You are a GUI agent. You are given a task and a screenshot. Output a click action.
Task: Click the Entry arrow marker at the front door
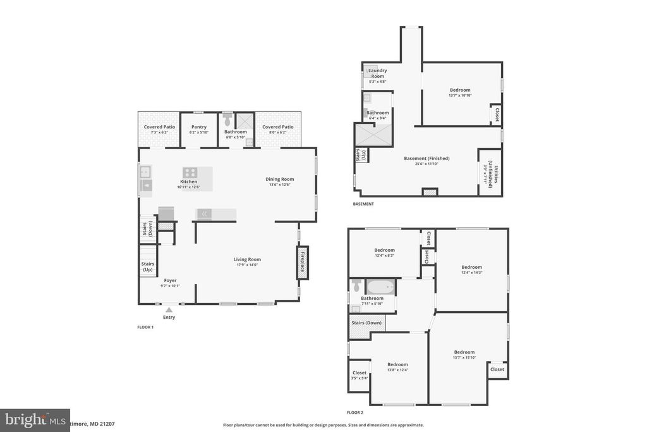point(169,310)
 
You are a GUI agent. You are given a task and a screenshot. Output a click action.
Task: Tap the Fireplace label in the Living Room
point(303,262)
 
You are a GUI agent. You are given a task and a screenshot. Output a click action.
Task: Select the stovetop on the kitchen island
point(190,172)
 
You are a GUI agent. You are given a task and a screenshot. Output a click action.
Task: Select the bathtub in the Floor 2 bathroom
point(380,287)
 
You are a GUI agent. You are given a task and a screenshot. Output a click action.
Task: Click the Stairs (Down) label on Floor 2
point(366,323)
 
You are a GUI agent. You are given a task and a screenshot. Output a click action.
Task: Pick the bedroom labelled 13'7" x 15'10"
point(464,355)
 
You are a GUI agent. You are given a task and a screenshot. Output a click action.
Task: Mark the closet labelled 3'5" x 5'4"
point(360,376)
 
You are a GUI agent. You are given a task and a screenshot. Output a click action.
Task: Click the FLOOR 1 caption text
point(146,327)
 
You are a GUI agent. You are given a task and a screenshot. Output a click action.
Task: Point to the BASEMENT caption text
point(363,204)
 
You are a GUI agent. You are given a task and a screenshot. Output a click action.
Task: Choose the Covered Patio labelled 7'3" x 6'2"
point(159,130)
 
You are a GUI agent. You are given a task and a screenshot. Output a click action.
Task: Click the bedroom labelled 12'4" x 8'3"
point(384,252)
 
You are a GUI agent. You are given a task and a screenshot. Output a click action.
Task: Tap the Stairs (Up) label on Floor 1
point(148,267)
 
